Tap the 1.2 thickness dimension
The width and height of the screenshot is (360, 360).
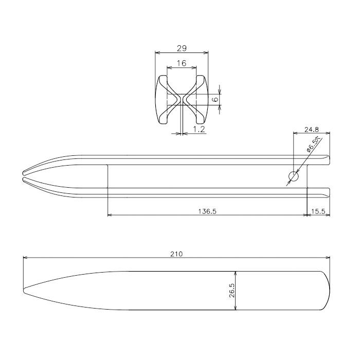[199, 130]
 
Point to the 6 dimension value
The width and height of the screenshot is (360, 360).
[215, 99]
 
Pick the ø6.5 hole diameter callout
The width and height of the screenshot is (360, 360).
[313, 145]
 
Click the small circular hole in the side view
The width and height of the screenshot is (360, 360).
[293, 176]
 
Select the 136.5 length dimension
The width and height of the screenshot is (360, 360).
[206, 211]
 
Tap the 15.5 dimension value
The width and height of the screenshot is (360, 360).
[318, 211]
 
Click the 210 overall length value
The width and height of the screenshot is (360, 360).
[176, 254]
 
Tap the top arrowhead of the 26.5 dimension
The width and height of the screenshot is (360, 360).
[236, 273]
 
